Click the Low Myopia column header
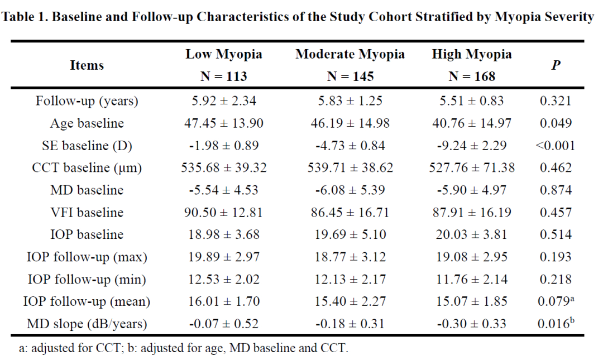click(224, 54)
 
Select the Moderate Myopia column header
click(350, 54)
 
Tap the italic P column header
click(556, 65)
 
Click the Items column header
click(87, 65)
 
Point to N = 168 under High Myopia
click(471, 76)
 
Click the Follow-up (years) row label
click(87, 101)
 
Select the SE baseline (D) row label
click(87, 145)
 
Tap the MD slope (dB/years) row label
click(87, 324)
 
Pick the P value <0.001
click(556, 145)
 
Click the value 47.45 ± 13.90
click(224, 123)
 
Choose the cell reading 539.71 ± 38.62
click(350, 167)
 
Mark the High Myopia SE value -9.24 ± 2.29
click(471, 145)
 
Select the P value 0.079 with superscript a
click(556, 301)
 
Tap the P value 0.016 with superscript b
click(556, 323)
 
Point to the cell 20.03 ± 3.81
click(471, 234)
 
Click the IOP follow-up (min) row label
click(87, 279)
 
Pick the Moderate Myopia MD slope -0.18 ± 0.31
click(350, 324)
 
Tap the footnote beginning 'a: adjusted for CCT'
click(184, 348)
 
